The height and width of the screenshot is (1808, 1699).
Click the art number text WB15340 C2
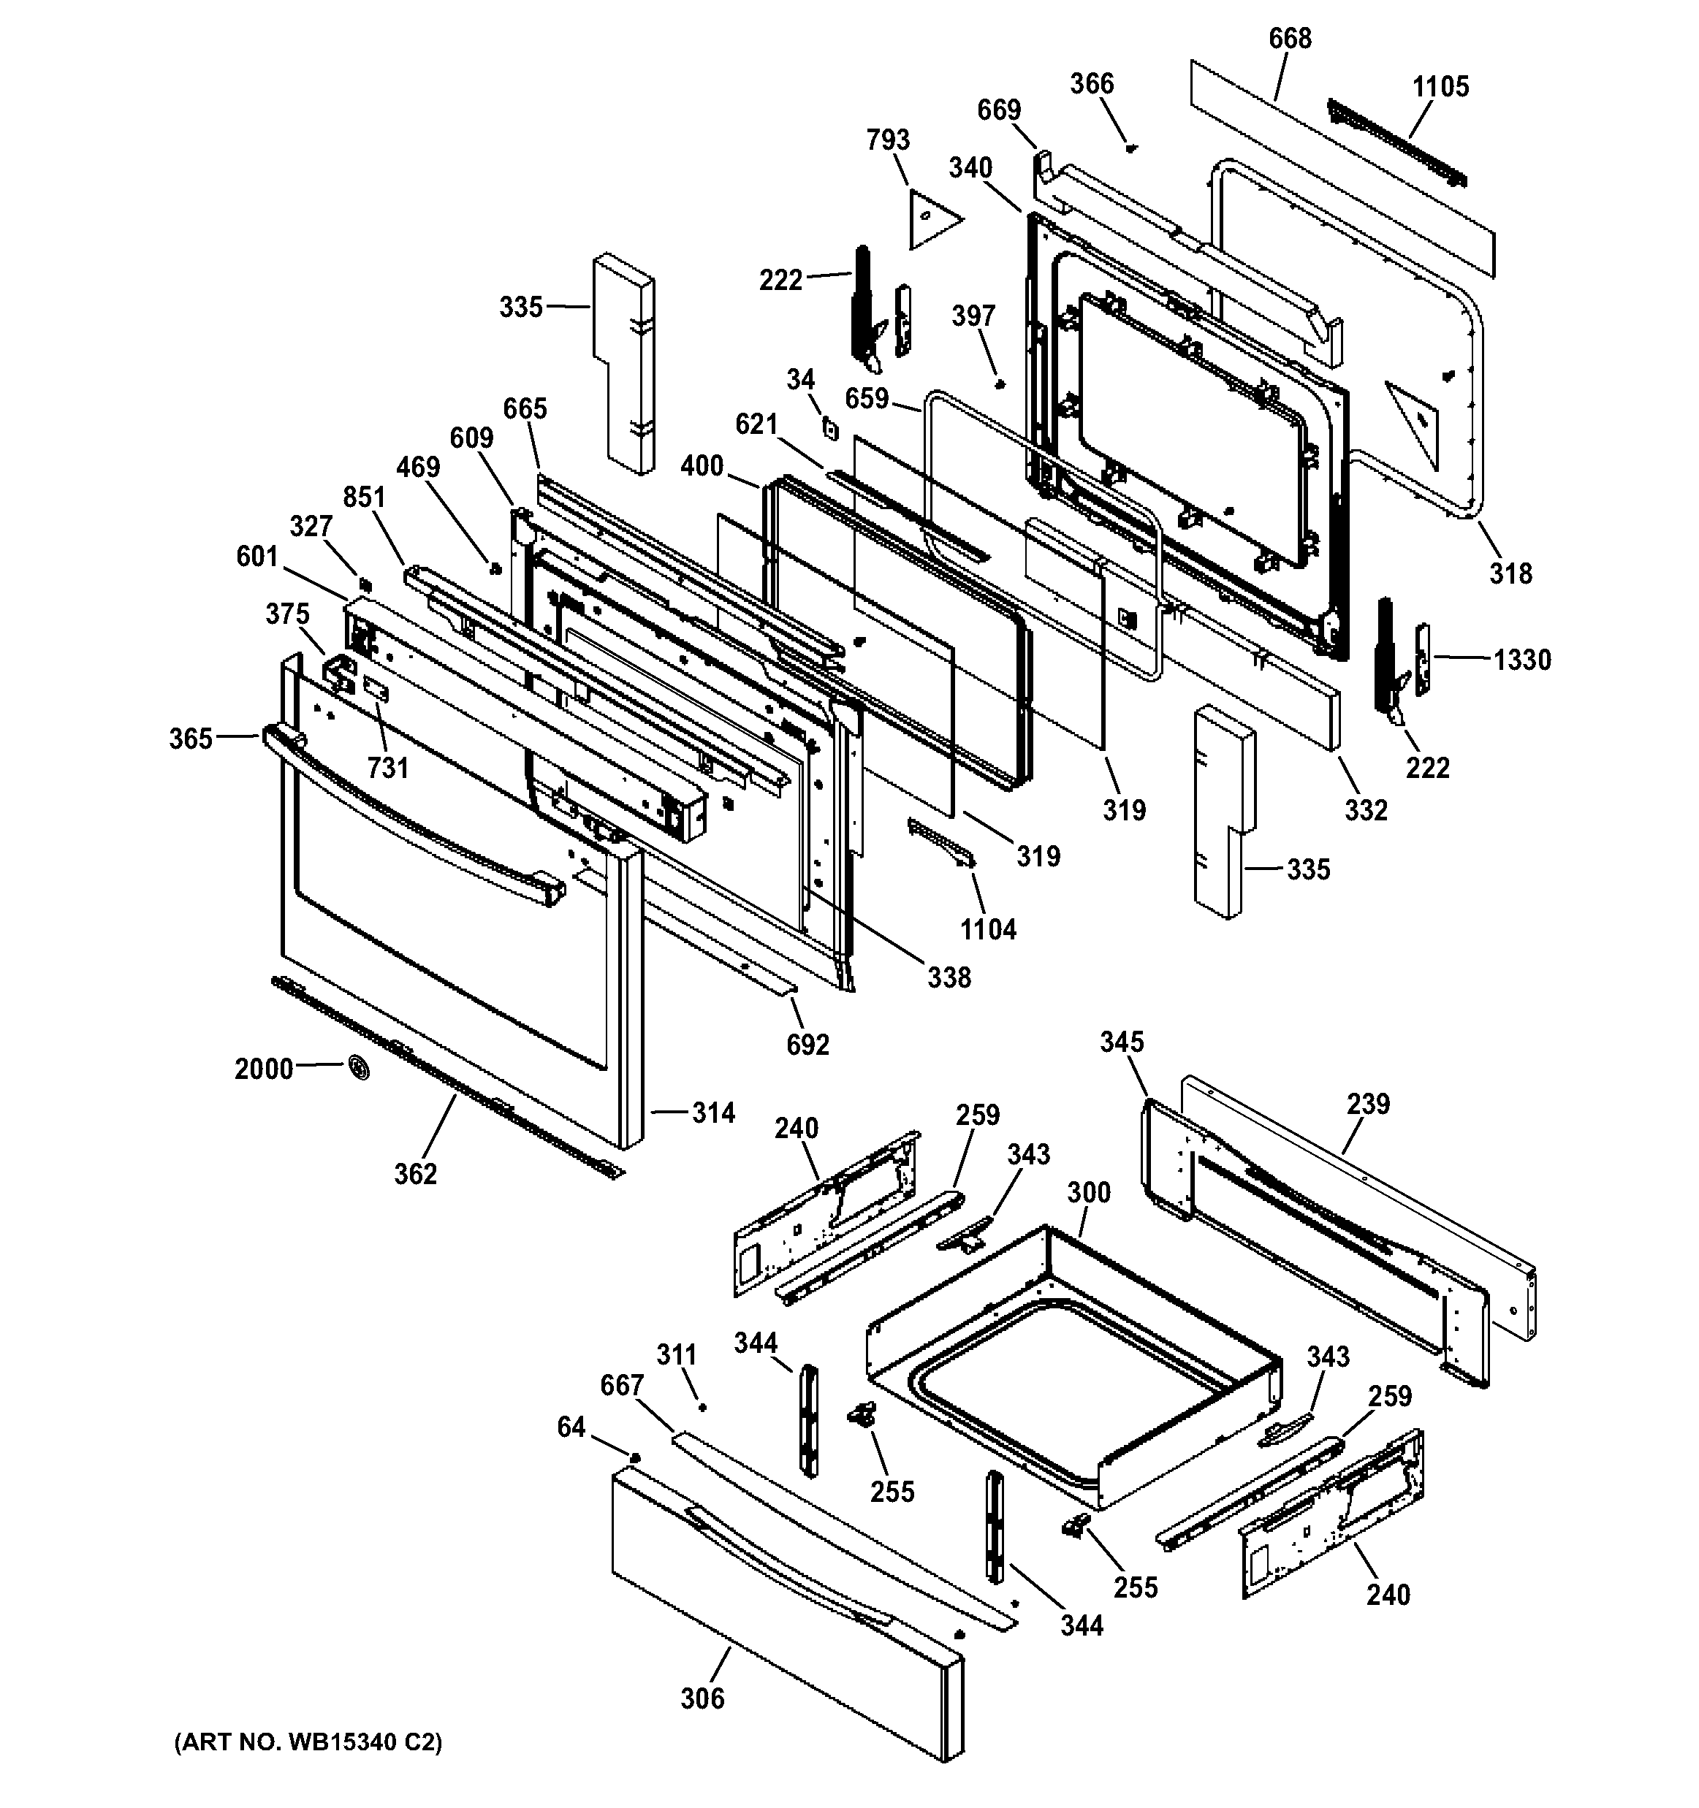[x=308, y=1742]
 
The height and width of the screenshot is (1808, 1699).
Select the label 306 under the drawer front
[x=702, y=1698]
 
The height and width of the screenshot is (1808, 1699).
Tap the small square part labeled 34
[x=829, y=426]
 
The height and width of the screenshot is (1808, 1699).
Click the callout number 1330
[x=1521, y=660]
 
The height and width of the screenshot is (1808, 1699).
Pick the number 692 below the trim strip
[x=807, y=1045]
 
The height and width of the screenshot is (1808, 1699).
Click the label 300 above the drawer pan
[x=1089, y=1191]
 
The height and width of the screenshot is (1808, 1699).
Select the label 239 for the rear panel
[x=1368, y=1103]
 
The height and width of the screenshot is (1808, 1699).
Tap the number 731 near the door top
[x=387, y=768]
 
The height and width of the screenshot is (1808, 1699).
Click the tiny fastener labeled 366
[x=1130, y=148]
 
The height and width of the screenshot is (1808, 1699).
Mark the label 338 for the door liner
[x=949, y=977]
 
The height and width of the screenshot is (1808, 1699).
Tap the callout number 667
[x=622, y=1385]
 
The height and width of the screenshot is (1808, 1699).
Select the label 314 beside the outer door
[x=713, y=1113]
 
